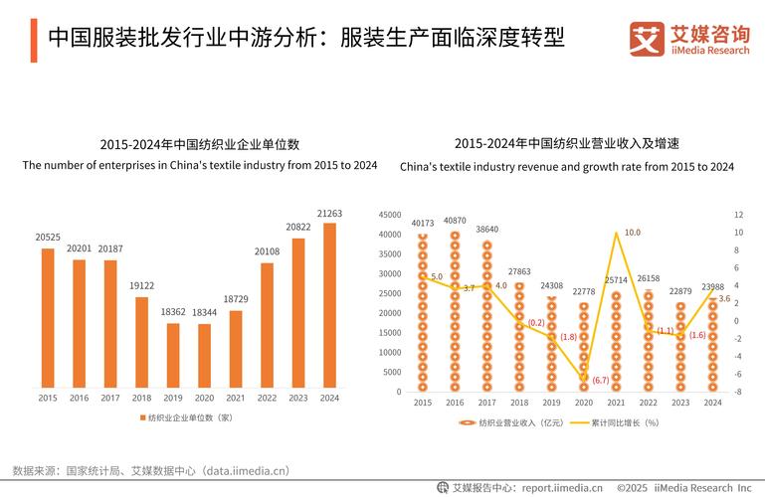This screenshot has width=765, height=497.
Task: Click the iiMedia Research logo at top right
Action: click(x=688, y=40)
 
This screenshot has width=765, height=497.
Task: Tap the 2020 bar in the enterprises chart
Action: click(x=204, y=355)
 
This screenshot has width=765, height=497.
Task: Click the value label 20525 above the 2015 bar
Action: click(x=48, y=238)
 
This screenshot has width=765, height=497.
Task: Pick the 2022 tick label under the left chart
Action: click(x=267, y=399)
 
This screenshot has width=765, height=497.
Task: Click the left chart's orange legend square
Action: click(x=141, y=417)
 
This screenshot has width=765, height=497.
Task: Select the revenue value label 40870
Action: click(x=455, y=221)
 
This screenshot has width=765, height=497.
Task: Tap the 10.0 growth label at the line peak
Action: click(x=632, y=233)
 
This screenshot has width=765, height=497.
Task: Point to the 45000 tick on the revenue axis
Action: click(x=390, y=215)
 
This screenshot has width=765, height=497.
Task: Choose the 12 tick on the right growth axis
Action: click(x=737, y=215)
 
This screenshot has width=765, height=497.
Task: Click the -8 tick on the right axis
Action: click(x=737, y=392)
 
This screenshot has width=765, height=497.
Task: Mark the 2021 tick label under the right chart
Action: click(x=616, y=403)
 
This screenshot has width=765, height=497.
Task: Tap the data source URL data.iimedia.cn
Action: click(x=244, y=470)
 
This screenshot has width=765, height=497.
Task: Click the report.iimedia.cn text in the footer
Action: click(x=563, y=488)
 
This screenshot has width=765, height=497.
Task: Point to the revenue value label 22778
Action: click(x=583, y=291)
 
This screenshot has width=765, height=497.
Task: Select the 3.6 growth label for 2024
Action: click(x=724, y=299)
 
